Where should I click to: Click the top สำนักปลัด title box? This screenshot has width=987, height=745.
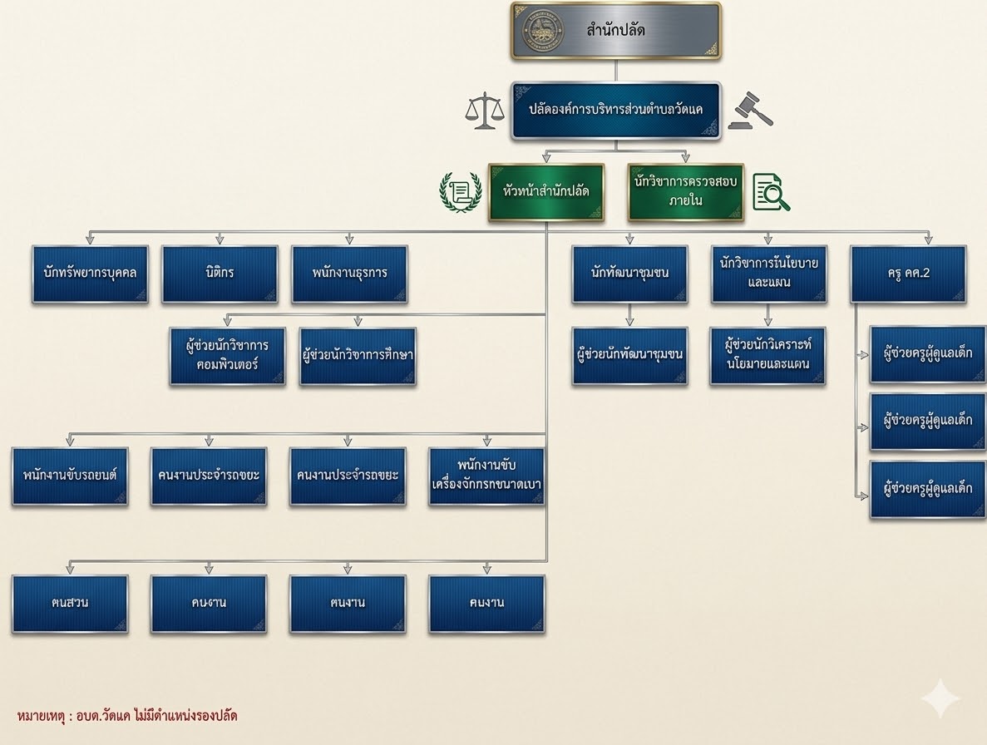(616, 31)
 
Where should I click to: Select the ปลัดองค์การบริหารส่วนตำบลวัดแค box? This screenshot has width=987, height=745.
(615, 109)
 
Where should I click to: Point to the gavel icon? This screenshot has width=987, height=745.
(749, 111)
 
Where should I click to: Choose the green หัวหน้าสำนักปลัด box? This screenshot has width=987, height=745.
(546, 191)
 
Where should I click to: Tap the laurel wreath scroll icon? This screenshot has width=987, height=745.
(460, 192)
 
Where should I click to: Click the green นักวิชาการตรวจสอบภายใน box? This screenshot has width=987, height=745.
(685, 191)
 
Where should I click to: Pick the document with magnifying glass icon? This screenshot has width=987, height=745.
(771, 192)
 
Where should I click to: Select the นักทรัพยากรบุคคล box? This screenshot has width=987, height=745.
(91, 273)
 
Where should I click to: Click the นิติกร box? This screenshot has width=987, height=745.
(220, 273)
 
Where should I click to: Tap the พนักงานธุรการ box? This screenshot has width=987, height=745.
(349, 273)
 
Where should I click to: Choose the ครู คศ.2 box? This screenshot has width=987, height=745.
(908, 273)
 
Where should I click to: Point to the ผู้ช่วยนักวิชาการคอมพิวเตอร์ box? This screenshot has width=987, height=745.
(228, 355)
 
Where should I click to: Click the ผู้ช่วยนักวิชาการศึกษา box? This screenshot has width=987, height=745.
(358, 355)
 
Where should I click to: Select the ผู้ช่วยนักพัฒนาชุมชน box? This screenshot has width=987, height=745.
(629, 355)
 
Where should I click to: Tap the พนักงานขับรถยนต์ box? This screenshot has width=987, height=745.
(70, 476)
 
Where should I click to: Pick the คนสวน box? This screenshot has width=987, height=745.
(70, 603)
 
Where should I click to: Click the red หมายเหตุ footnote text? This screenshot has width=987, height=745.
(127, 715)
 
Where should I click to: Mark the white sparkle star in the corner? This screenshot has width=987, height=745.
(940, 698)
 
